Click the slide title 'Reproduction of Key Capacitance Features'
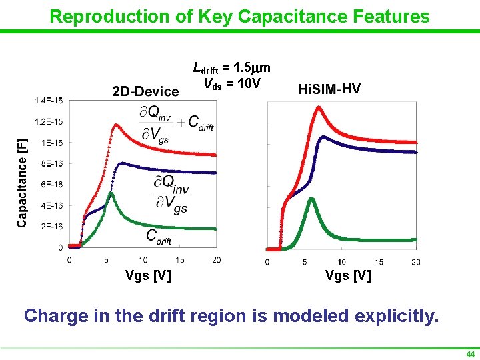240,16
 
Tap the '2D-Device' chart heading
145,91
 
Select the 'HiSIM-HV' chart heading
329,89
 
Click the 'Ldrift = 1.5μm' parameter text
231,68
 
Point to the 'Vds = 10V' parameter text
232,83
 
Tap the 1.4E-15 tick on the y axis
49,101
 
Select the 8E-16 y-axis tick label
52,163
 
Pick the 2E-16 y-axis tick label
52,227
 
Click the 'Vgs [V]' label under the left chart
148,276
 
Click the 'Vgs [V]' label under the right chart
348,276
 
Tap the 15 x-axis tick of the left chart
180,260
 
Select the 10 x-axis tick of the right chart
341,262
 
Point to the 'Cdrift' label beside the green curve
159,237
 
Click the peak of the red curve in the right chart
318,107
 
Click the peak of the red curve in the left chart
117,125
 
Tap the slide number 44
470,354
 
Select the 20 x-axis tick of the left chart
216,260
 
